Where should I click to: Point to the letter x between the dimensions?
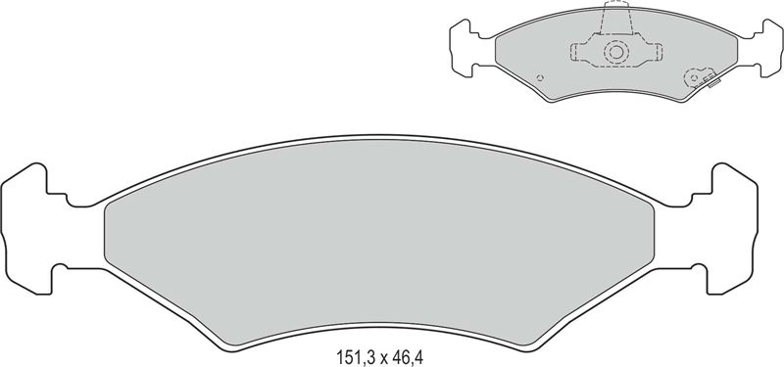tap(384, 359)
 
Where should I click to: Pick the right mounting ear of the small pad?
tap(770, 48)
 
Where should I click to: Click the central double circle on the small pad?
tap(616, 52)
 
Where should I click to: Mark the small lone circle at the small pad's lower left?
tap(540, 77)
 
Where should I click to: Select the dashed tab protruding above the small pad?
tap(616, 18)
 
